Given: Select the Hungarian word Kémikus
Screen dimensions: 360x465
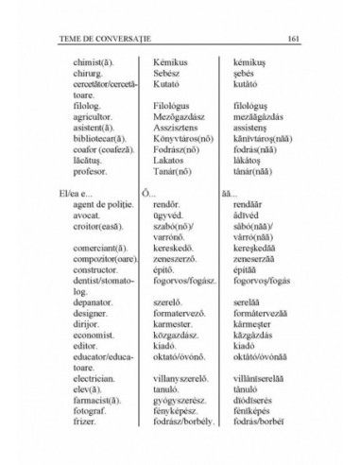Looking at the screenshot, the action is coord(173,61).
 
